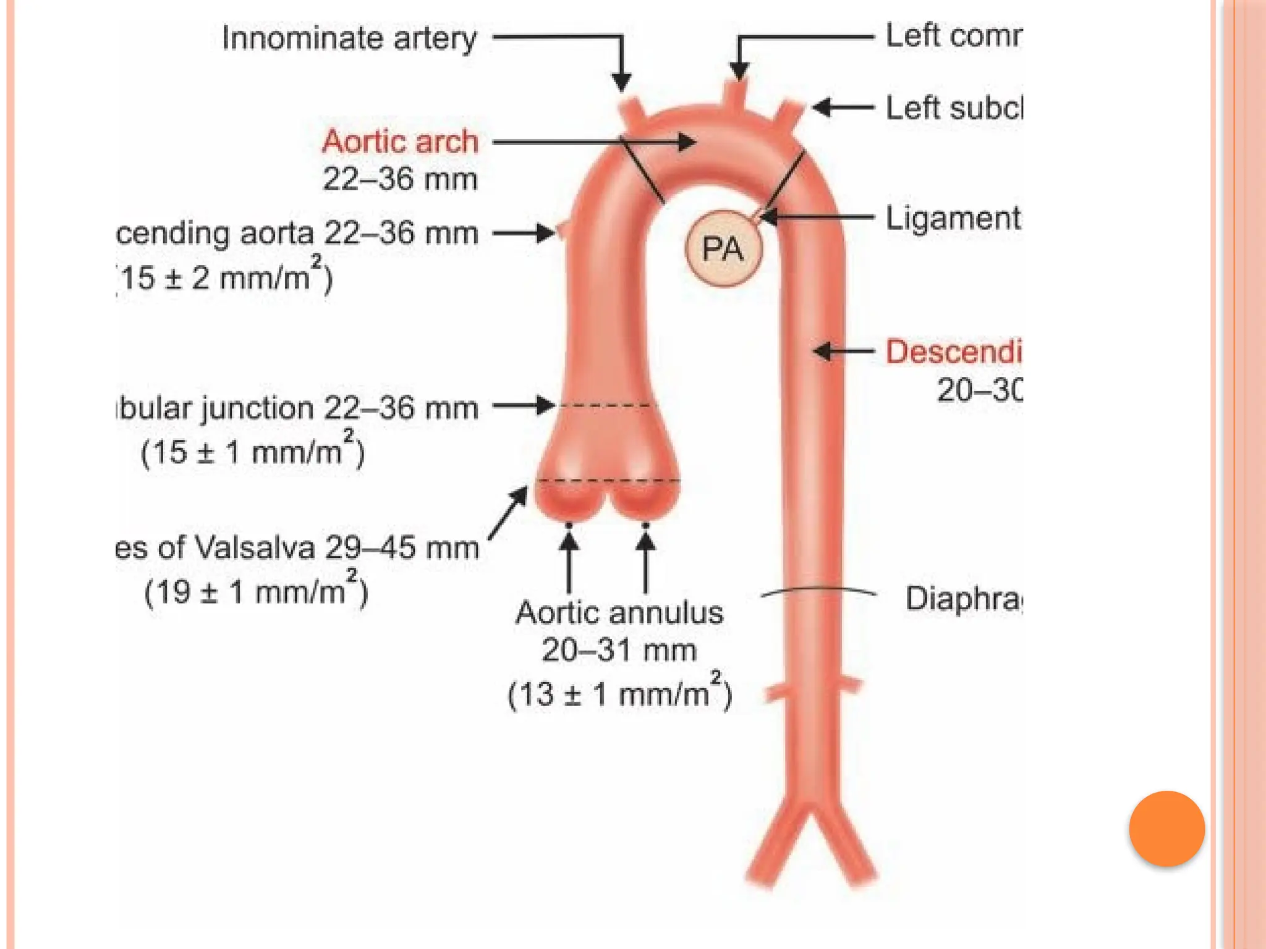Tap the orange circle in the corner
point(1166,829)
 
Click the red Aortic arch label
point(400,141)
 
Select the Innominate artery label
point(349,38)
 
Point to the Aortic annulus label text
point(619,613)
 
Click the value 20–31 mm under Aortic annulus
point(619,650)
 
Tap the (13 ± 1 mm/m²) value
point(619,693)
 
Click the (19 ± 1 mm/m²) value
point(256,591)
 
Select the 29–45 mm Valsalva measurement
point(402,547)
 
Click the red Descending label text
point(953,352)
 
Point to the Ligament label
point(953,218)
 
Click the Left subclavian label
point(954,108)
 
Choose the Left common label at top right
point(953,36)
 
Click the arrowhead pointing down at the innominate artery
point(621,82)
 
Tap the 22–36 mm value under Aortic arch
point(400,180)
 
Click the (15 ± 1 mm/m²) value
point(253,452)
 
